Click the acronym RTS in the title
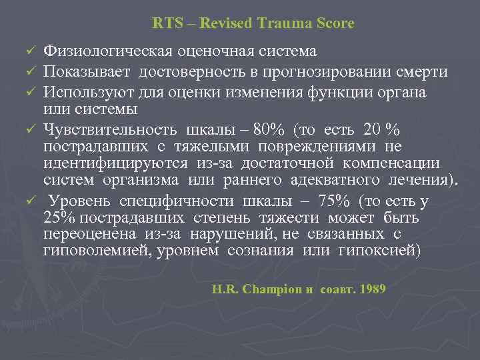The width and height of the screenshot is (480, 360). point(164,23)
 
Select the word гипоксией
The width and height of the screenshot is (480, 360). point(375,251)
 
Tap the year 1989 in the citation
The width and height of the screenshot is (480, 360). point(371,290)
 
